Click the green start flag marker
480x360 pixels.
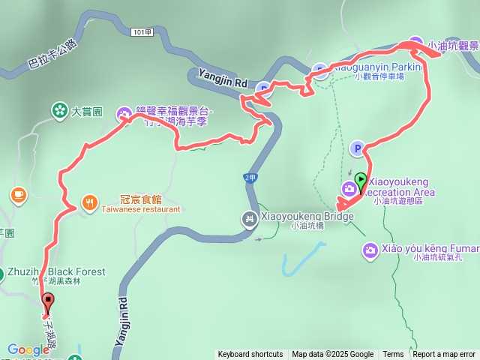(x=361, y=181)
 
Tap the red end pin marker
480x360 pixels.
(x=49, y=302)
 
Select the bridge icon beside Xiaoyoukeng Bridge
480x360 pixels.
(x=250, y=219)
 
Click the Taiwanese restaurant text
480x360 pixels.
(x=141, y=209)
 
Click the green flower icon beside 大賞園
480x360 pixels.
(x=60, y=112)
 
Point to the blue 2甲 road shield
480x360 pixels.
(x=250, y=177)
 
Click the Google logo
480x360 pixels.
(x=28, y=349)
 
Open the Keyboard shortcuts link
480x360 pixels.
(x=250, y=355)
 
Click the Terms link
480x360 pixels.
(x=393, y=355)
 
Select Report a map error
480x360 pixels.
(x=444, y=355)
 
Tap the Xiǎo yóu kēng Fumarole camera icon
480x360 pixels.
(x=369, y=250)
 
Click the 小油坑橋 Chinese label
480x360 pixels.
(x=307, y=226)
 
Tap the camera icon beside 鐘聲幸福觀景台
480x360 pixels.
(x=124, y=114)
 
